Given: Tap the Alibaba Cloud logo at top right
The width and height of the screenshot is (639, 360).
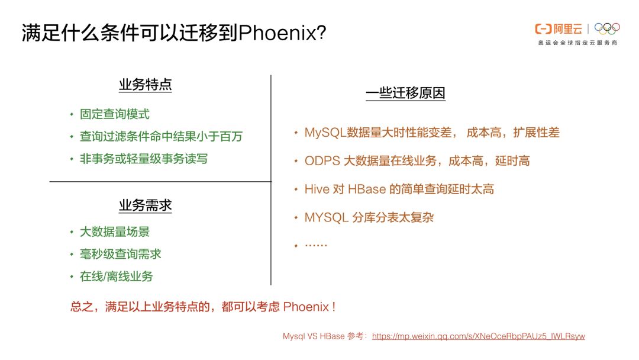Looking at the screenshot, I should [x=558, y=28].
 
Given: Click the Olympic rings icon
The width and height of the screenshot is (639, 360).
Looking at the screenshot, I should [x=607, y=28].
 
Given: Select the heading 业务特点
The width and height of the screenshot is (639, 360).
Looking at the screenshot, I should [x=145, y=85].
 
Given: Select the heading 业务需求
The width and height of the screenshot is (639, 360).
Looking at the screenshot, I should [x=145, y=205].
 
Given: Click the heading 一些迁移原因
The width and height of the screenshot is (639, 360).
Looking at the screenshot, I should [x=405, y=93].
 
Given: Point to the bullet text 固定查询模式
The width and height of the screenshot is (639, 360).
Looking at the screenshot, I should [x=115, y=114].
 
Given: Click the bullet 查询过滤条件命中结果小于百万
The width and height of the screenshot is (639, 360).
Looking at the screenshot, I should [x=161, y=137].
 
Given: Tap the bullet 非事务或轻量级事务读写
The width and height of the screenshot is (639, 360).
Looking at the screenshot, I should [x=144, y=159].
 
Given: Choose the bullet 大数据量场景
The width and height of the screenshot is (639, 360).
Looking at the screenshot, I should [x=115, y=232].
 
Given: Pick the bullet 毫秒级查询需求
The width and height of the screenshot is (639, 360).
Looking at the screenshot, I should [x=121, y=254].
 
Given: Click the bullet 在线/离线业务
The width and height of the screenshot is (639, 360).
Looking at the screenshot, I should [x=117, y=277].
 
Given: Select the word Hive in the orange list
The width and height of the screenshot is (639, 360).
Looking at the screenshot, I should [x=316, y=189].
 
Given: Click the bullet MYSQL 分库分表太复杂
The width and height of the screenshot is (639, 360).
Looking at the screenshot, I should [x=369, y=217].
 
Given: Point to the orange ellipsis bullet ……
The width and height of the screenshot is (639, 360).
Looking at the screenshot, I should [x=315, y=244].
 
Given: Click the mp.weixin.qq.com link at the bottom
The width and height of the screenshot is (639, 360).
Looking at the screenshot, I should [x=479, y=336].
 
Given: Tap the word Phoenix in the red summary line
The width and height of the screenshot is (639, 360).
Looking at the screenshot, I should [x=306, y=307].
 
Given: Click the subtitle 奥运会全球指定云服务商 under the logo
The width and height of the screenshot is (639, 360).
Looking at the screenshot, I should [x=577, y=43].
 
